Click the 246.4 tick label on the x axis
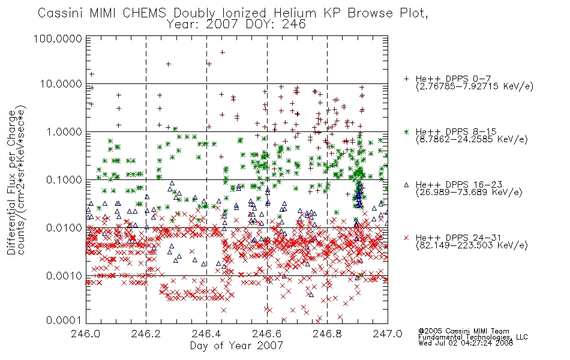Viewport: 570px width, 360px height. pos(206,334)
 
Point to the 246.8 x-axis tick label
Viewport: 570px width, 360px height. pos(327,334)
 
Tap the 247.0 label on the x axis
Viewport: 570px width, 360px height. pos(388,334)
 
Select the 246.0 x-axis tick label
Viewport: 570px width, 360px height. pos(85,334)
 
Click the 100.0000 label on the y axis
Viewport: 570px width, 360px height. pos(58,38)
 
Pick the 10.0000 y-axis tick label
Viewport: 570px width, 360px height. pos(61,84)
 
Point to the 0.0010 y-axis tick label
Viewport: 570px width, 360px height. pos(64,276)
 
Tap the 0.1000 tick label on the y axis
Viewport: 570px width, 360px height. pos(64,180)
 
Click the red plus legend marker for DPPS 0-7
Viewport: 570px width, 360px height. pos(406,79)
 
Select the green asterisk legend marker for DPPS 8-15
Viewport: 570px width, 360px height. pos(406,131)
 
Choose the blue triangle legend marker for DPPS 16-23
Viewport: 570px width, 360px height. pos(406,185)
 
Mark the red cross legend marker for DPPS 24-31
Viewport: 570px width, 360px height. pos(406,238)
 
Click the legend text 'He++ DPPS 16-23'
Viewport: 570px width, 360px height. pos(459,185)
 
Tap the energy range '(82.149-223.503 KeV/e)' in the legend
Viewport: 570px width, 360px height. pos(472,245)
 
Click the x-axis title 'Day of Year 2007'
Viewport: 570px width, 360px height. pos(236,346)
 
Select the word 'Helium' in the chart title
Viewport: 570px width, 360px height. pos(295,13)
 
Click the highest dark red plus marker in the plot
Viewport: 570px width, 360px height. pos(223,53)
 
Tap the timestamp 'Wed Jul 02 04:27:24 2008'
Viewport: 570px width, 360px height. pos(466,343)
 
